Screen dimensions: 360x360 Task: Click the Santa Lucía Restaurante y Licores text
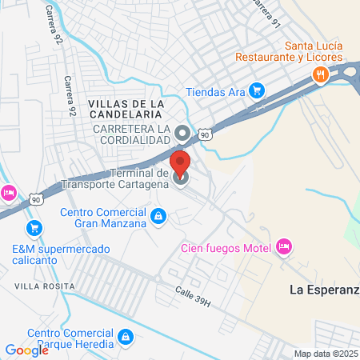tap(289, 58)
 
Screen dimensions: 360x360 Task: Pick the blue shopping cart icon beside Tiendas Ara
tap(256, 90)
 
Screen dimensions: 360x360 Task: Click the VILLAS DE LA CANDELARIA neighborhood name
tap(126, 111)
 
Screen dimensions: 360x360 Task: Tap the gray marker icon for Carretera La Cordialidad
tap(182, 133)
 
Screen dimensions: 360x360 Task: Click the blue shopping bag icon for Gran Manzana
tap(159, 215)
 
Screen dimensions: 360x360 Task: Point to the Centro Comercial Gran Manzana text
tap(104, 218)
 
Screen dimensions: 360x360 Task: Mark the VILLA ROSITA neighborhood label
tap(44, 286)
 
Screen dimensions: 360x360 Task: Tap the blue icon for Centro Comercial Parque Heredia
tap(125, 338)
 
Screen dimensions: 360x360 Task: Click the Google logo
tap(26, 350)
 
